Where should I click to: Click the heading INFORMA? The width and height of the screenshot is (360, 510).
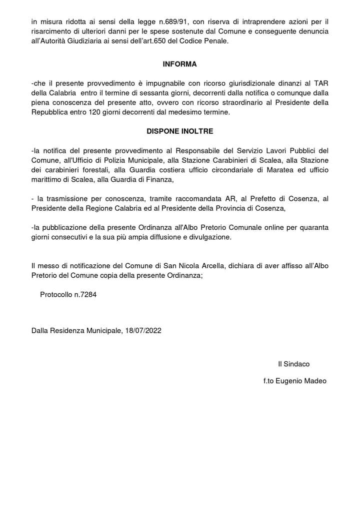tap(180, 65)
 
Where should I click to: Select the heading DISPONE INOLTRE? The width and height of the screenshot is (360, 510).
tap(180, 131)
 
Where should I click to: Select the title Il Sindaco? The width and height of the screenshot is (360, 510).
tap(294, 364)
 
